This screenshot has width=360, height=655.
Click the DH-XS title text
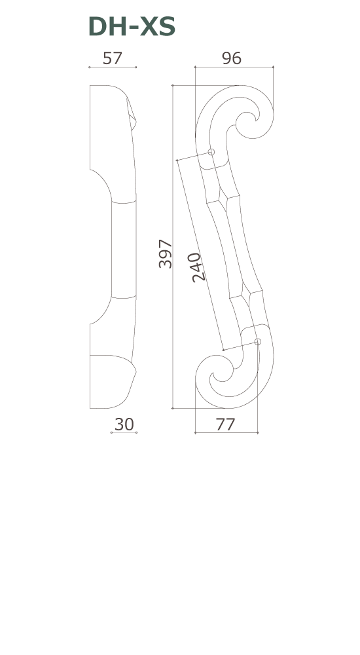pos(132,27)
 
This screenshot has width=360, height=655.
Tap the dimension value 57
pos(113,58)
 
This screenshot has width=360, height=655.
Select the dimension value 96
pos(231,58)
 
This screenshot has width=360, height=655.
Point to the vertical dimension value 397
pos(166,253)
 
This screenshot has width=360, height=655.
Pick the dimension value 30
pos(124,424)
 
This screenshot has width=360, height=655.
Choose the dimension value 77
pos(226,424)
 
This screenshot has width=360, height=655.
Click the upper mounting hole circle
pos(211,152)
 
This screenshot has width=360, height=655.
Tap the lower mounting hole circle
pos(258,342)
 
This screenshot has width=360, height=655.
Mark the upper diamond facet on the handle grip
pos(223,198)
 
